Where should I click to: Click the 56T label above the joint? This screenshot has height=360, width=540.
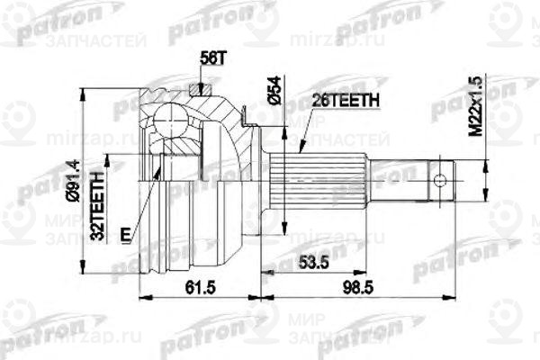coord(209,59)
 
